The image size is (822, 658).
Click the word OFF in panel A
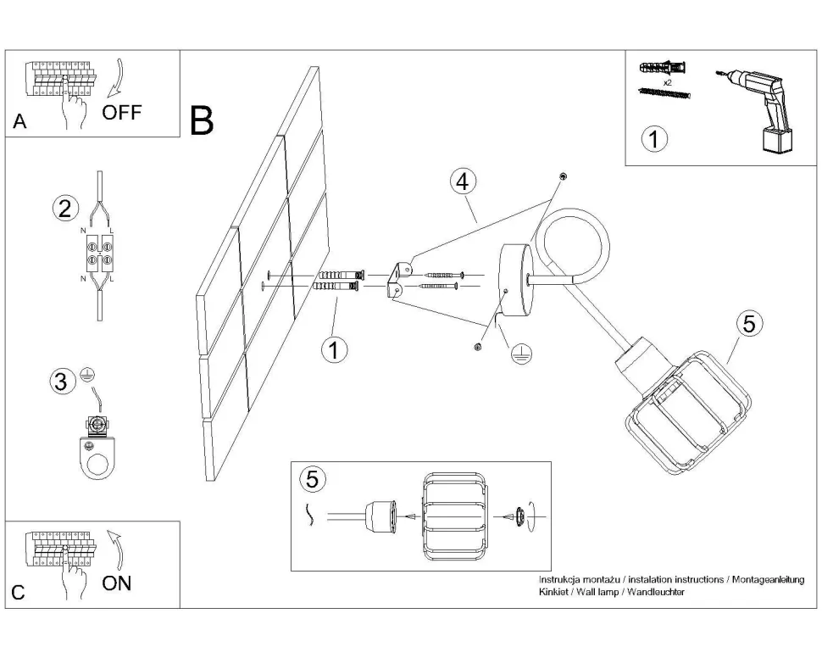pyautogui.click(x=122, y=113)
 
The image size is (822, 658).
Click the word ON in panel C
pyautogui.click(x=117, y=583)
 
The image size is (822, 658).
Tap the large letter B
pyautogui.click(x=202, y=121)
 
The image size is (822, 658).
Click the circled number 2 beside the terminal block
pyautogui.click(x=64, y=209)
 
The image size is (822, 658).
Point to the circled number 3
pyautogui.click(x=60, y=382)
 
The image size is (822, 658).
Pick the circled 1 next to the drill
pyautogui.click(x=653, y=139)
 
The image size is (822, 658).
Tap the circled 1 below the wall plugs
pyautogui.click(x=336, y=349)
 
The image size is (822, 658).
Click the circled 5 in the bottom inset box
pyautogui.click(x=313, y=479)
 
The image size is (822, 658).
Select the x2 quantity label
pyautogui.click(x=667, y=83)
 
